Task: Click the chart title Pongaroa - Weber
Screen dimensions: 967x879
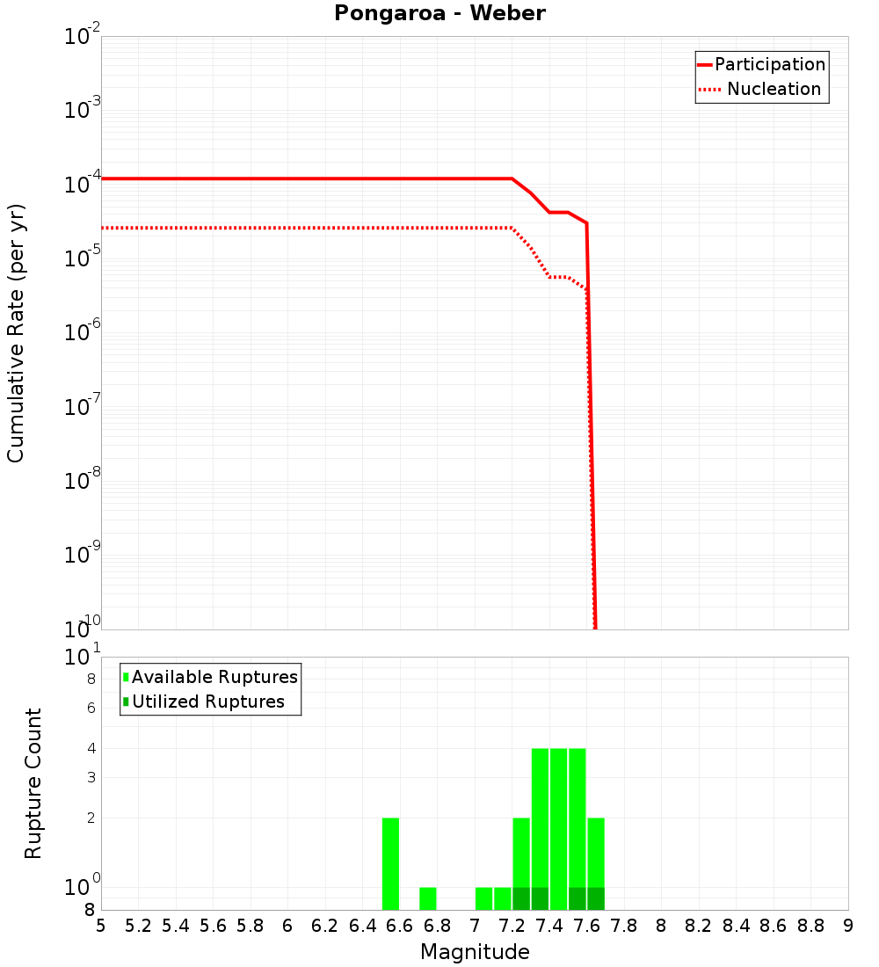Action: pyautogui.click(x=439, y=13)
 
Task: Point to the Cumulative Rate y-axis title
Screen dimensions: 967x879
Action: pyautogui.click(x=16, y=332)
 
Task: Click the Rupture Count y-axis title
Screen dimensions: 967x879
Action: pyautogui.click(x=33, y=782)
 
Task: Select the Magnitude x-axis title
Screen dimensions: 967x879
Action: pyautogui.click(x=475, y=952)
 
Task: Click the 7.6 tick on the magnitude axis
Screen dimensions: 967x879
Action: pyautogui.click(x=587, y=926)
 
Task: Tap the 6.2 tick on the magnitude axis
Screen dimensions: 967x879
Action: pyautogui.click(x=325, y=926)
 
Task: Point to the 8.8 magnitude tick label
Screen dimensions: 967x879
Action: pyautogui.click(x=811, y=926)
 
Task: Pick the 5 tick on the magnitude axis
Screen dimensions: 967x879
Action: pyautogui.click(x=101, y=926)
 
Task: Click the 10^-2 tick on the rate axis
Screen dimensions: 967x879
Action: pyautogui.click(x=84, y=37)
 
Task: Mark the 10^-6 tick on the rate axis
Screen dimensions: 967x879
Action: pyautogui.click(x=84, y=332)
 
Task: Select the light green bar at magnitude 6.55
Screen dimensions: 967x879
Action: pyautogui.click(x=390, y=863)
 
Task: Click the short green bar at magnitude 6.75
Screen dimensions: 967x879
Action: pyautogui.click(x=428, y=898)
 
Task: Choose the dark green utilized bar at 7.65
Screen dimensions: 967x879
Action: pyautogui.click(x=596, y=898)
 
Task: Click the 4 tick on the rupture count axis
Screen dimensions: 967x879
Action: pyautogui.click(x=91, y=748)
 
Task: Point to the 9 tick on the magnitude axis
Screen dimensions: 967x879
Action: pyautogui.click(x=848, y=926)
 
